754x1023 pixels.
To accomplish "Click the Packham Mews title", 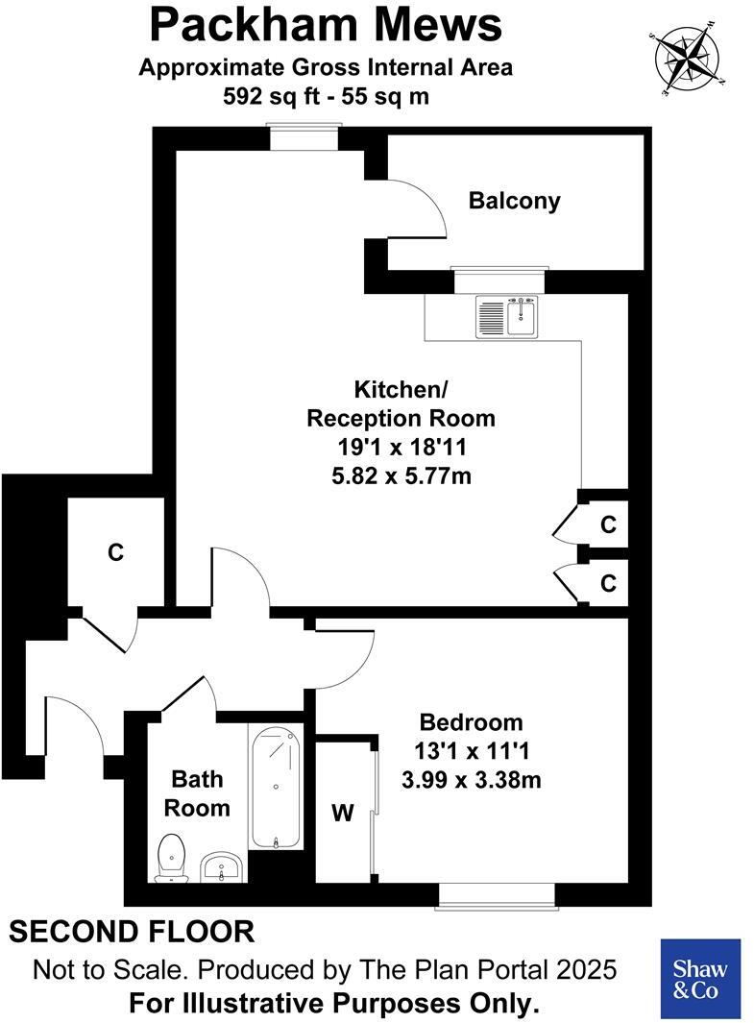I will [326, 25].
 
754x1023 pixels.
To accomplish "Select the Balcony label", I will [514, 201].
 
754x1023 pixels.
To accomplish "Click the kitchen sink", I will [509, 317].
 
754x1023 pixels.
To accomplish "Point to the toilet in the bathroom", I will [171, 858].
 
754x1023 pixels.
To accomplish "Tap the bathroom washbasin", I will [224, 868].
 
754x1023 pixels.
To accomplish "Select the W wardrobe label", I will [343, 814].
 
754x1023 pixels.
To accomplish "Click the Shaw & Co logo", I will [701, 978].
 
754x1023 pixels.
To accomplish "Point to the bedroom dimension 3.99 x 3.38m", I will [471, 781].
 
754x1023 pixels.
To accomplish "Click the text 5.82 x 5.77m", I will [400, 475].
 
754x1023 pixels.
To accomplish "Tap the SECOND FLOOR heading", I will [133, 931].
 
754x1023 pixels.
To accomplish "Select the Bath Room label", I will [197, 793].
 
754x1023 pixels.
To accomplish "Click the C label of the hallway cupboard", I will [115, 552].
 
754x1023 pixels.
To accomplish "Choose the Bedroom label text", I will [472, 722].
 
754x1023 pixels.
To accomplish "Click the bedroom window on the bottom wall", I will [497, 895].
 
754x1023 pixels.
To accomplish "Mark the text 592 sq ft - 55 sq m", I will [326, 96].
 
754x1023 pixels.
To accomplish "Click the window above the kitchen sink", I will [499, 280].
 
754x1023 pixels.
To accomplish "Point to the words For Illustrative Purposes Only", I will [333, 1004].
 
